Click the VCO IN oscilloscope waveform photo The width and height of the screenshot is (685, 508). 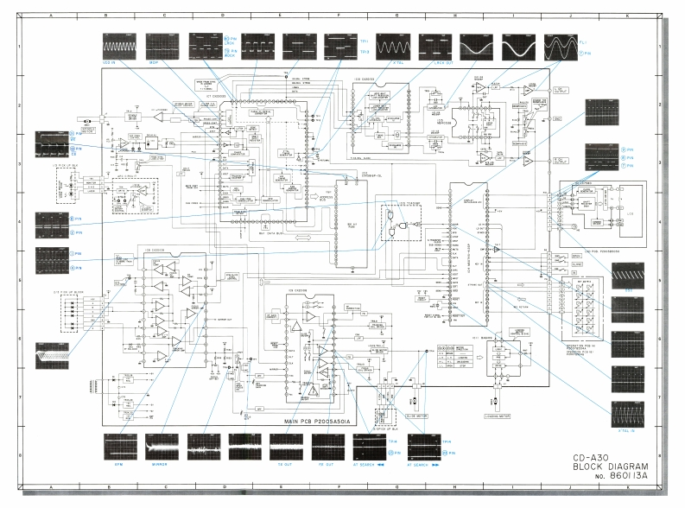coord(119,46)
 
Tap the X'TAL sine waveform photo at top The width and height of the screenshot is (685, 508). coord(390,46)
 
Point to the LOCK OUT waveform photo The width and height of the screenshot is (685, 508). coord(435,46)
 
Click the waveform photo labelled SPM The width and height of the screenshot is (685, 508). coord(119,448)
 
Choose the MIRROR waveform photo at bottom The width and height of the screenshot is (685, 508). coord(164,448)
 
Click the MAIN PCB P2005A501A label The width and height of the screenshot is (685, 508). coord(318,421)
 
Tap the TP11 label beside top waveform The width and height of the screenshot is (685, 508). coord(365,40)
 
